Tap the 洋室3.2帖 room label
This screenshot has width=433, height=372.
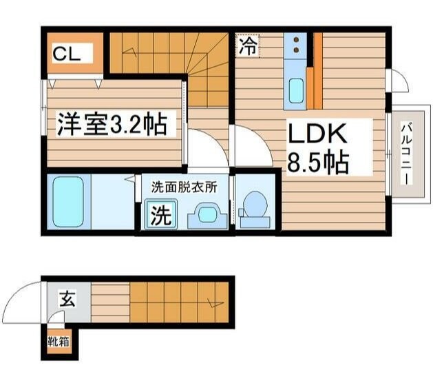tap(111, 124)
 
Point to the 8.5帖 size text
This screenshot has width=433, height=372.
tap(317, 163)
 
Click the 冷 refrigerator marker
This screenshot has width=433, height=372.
tap(249, 47)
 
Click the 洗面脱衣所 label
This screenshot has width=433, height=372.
tap(184, 186)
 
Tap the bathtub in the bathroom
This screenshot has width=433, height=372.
tap(67, 200)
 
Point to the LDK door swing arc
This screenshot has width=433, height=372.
tap(253, 143)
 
